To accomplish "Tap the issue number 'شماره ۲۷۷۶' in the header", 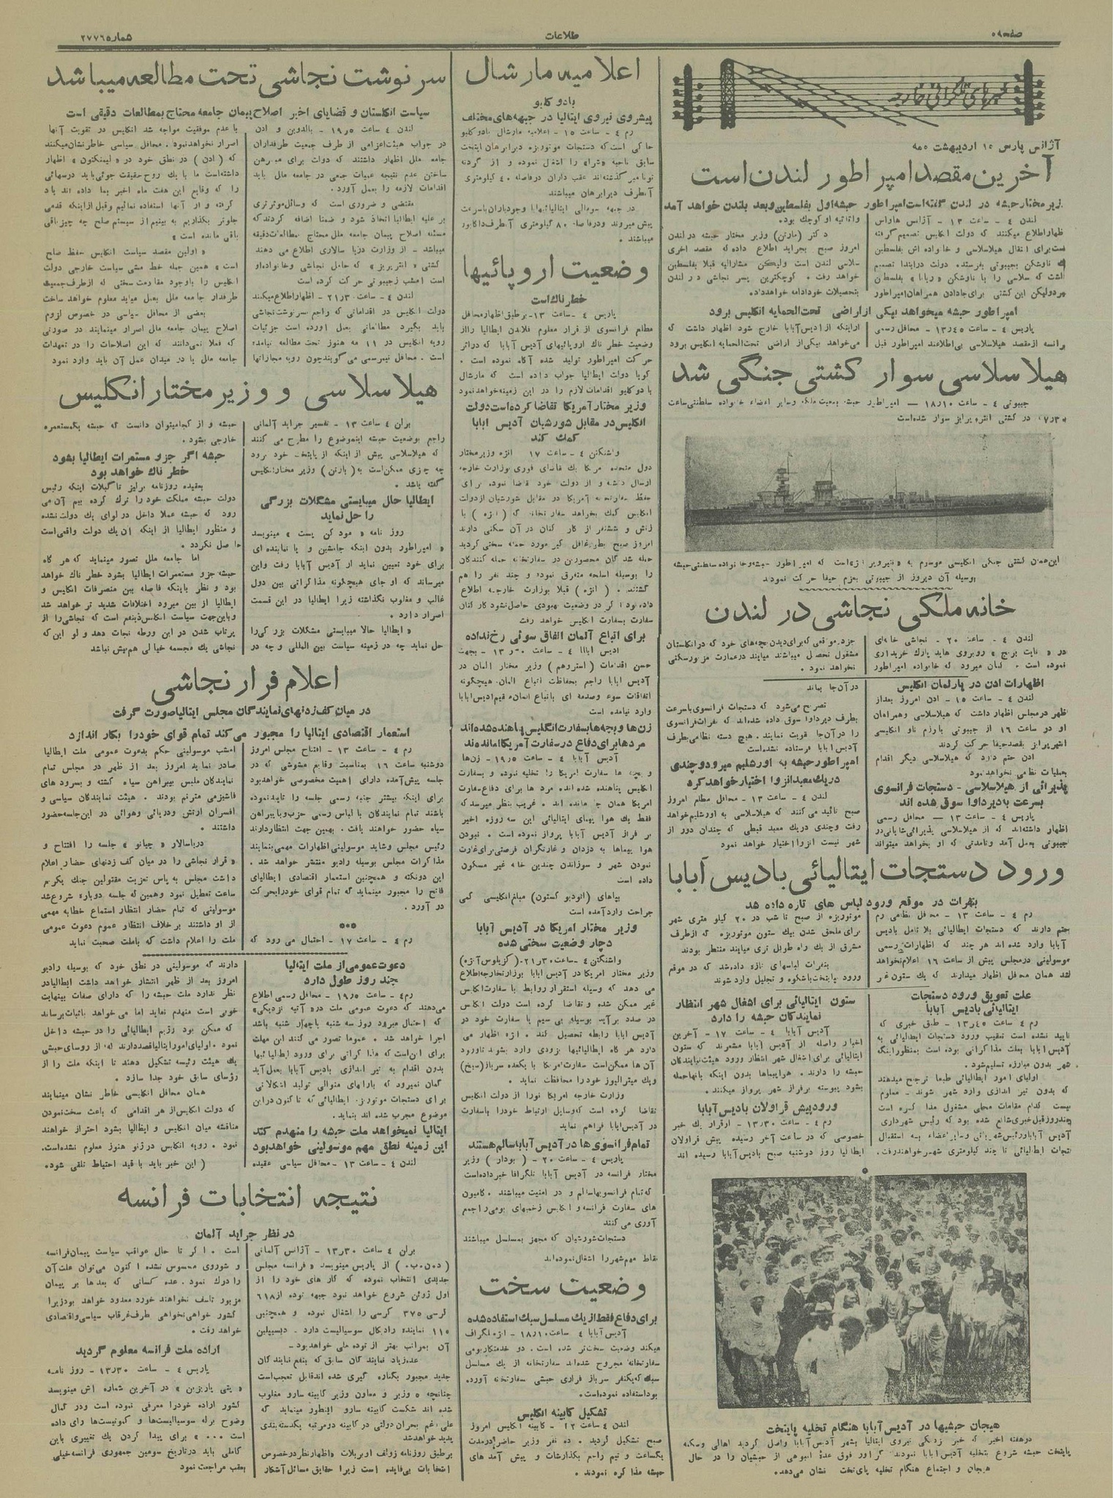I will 106,35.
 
